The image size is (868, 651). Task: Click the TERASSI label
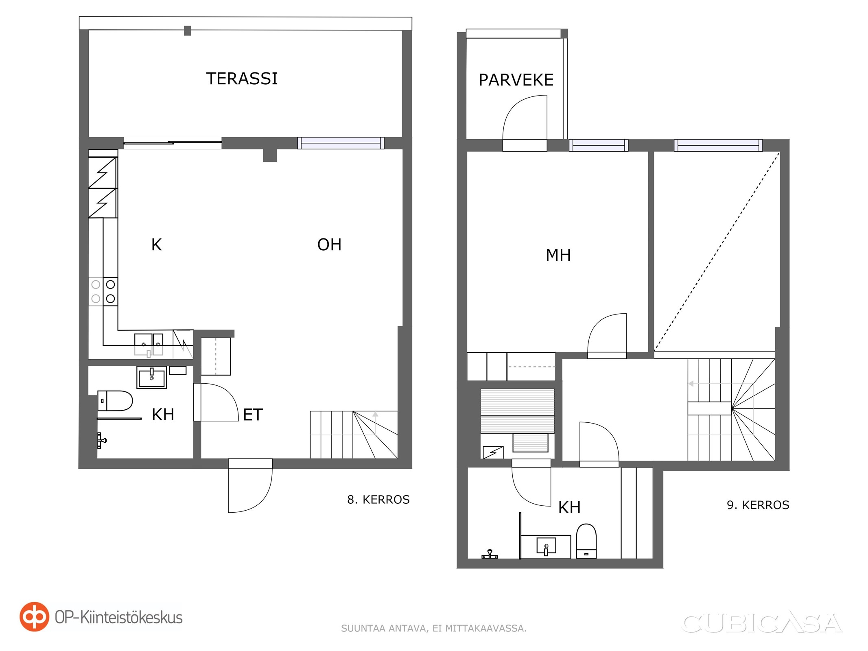(x=242, y=79)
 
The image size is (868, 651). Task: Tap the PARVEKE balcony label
(x=516, y=80)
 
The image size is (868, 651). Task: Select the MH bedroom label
(x=558, y=255)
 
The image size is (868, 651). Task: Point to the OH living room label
(x=329, y=245)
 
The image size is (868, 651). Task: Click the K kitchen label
(x=156, y=245)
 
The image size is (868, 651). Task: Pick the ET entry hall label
(x=253, y=415)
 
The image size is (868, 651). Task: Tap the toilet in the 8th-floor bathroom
(x=115, y=401)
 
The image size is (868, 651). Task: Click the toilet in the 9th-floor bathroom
(x=586, y=541)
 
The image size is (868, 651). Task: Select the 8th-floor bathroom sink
(x=152, y=378)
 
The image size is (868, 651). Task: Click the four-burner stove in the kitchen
(x=103, y=291)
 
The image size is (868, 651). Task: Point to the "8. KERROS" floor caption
(x=378, y=500)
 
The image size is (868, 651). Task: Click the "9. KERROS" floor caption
(x=758, y=505)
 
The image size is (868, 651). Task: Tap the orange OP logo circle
(x=35, y=617)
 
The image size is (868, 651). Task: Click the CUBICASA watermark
(x=761, y=623)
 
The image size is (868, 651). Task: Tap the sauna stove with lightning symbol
(x=493, y=452)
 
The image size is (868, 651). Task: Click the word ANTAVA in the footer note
(x=407, y=629)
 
